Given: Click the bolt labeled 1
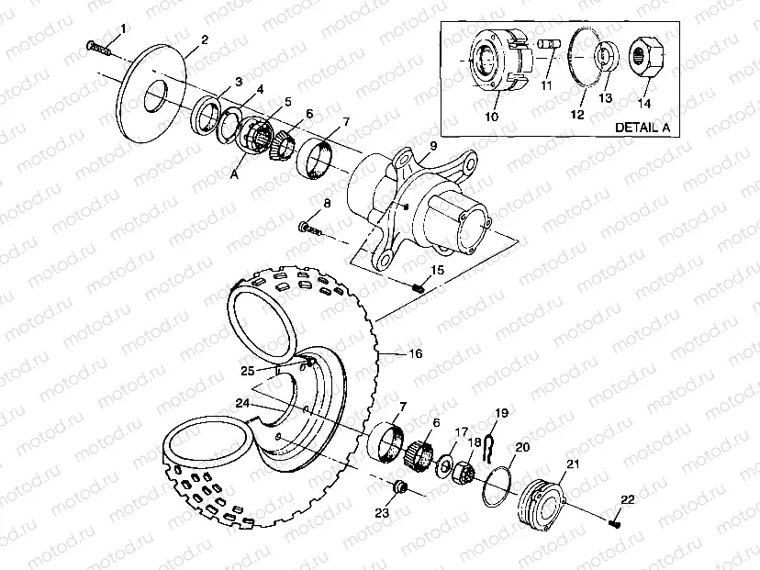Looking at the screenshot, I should click(x=96, y=45).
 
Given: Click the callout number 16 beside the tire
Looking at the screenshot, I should click(x=415, y=353).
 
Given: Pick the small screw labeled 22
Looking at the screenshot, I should click(x=614, y=522).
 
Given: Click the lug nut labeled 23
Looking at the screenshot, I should click(x=399, y=486).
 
